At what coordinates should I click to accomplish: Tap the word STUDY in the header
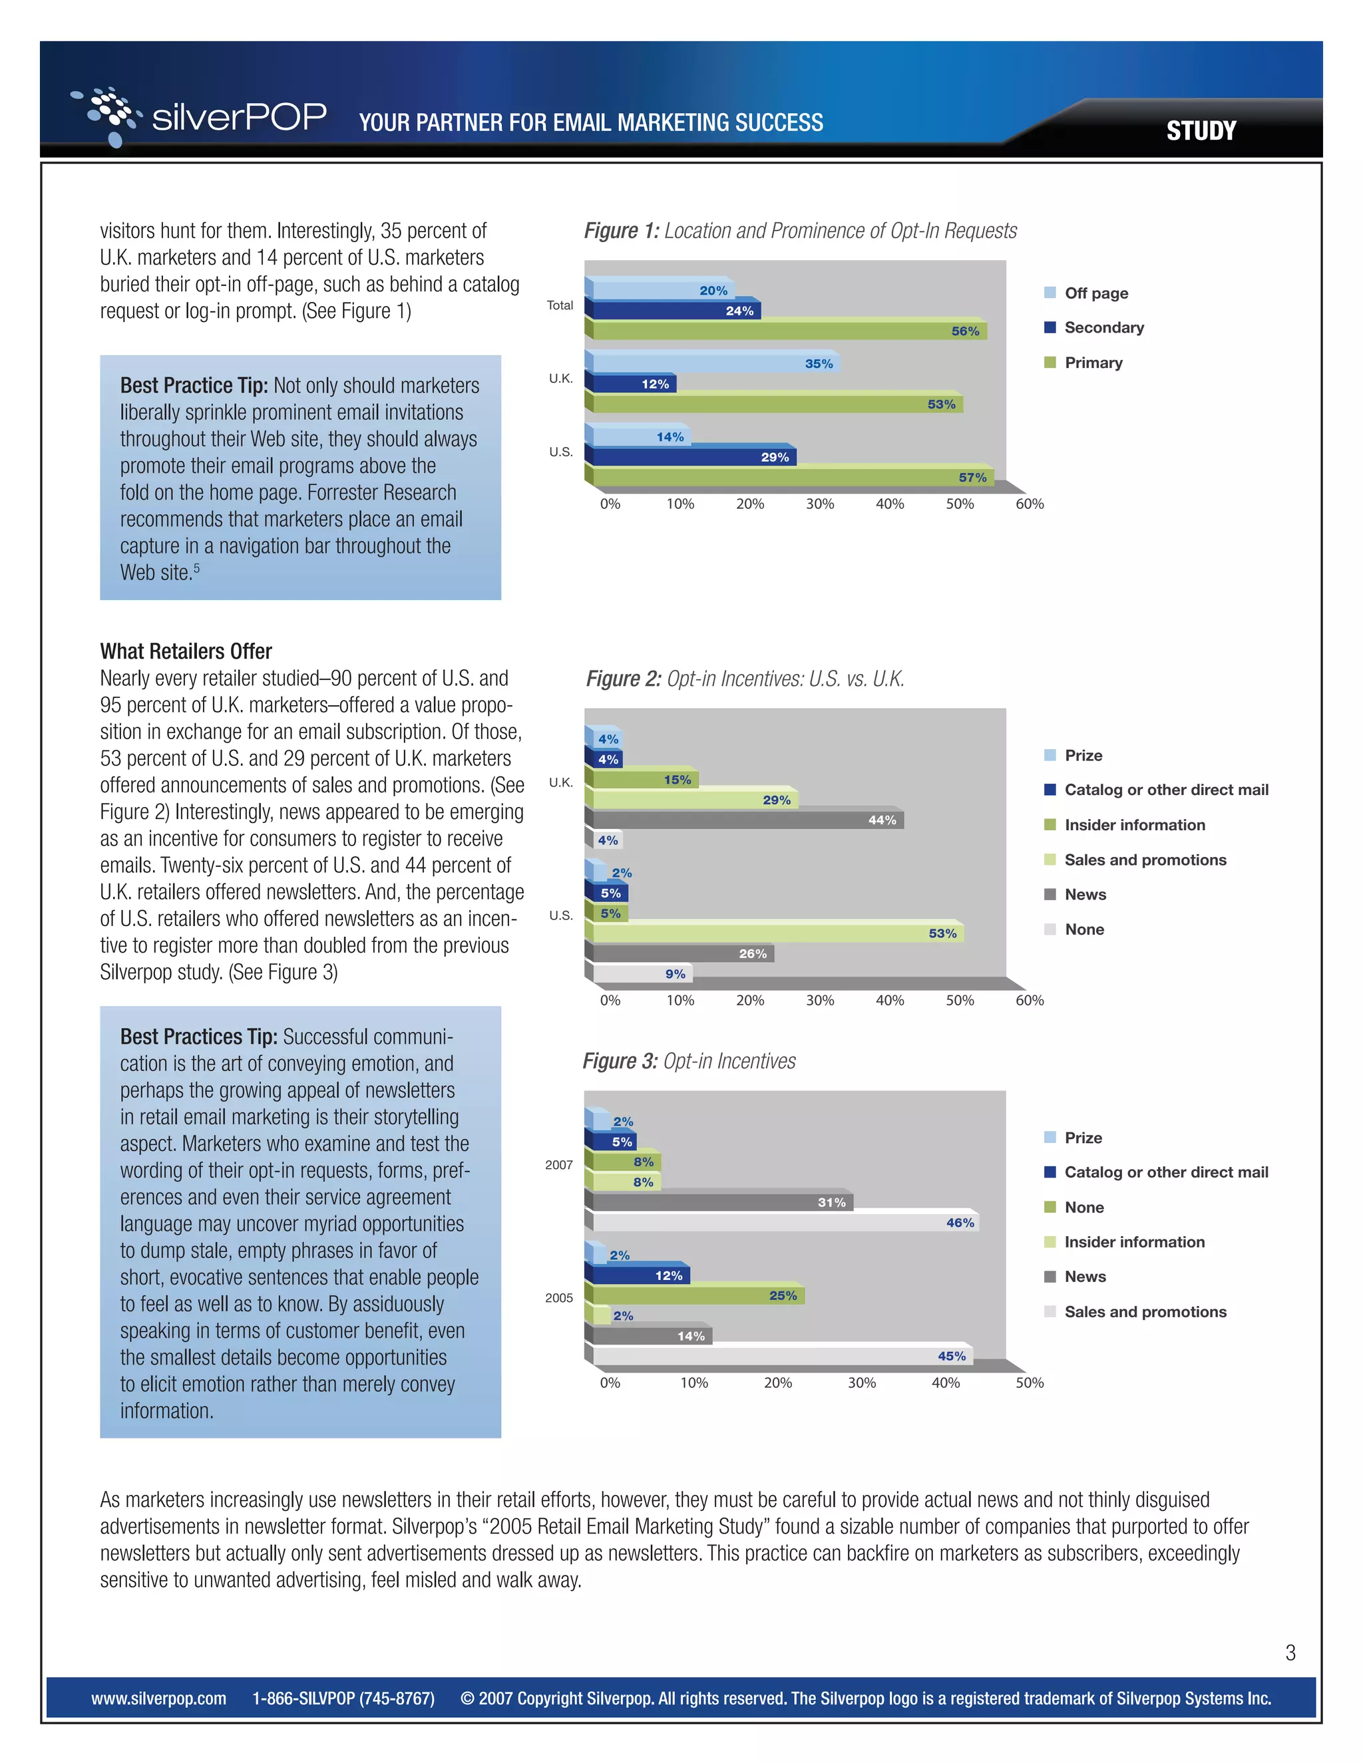1200,131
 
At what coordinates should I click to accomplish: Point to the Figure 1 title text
799,231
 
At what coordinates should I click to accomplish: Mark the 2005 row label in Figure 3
559,1298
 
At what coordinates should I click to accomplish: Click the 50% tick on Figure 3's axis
1030,1383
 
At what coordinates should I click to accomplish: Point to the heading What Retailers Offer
186,651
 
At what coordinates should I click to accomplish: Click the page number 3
1290,1653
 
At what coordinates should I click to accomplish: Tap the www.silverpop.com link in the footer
158,1698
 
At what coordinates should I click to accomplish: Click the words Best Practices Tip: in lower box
198,1037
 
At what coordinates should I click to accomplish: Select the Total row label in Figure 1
560,305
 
